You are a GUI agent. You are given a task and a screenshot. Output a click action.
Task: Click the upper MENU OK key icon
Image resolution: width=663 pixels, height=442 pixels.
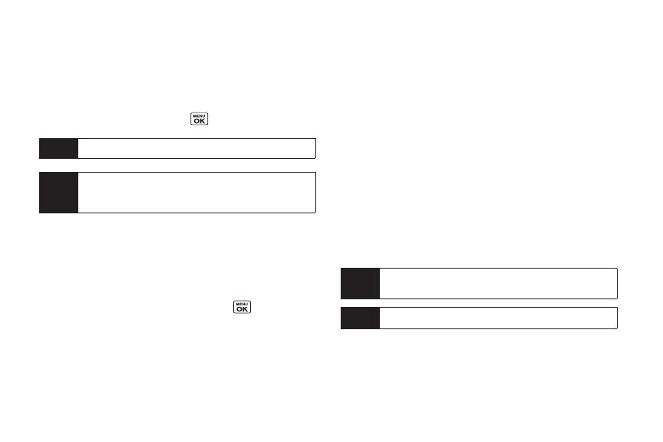click(200, 119)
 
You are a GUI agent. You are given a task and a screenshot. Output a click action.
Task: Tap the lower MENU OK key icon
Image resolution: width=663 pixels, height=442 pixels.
click(242, 307)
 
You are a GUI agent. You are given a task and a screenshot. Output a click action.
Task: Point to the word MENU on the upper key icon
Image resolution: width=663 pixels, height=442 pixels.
click(200, 116)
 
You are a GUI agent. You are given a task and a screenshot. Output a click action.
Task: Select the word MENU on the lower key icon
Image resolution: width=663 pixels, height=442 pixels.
click(242, 304)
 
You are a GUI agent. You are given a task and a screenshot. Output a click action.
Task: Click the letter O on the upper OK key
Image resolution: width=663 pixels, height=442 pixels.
click(196, 121)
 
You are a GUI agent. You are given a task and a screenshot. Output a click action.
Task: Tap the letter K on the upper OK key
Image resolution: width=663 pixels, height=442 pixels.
click(203, 121)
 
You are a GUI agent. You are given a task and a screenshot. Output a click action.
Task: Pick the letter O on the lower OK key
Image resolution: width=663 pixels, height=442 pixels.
click(239, 309)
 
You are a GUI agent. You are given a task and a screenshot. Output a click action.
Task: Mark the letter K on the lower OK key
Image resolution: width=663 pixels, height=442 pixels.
click(246, 309)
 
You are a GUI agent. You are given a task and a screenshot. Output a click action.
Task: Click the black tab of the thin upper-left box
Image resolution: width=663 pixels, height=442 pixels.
click(59, 148)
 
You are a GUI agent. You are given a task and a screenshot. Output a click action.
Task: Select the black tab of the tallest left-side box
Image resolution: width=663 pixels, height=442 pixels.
click(59, 193)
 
